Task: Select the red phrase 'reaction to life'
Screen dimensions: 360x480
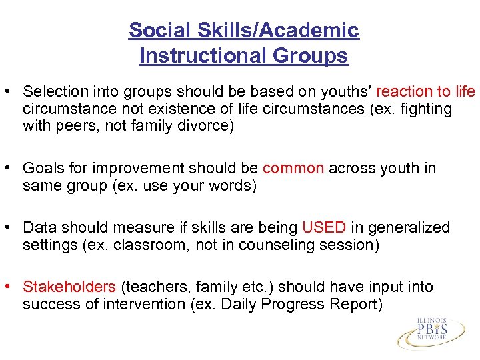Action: [426, 91]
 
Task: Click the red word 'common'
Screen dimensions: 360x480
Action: [293, 169]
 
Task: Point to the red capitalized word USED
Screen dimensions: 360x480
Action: [324, 228]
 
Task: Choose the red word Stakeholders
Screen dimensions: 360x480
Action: [69, 287]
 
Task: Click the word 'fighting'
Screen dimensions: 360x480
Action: [427, 109]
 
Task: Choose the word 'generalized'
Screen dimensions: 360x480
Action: [408, 228]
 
